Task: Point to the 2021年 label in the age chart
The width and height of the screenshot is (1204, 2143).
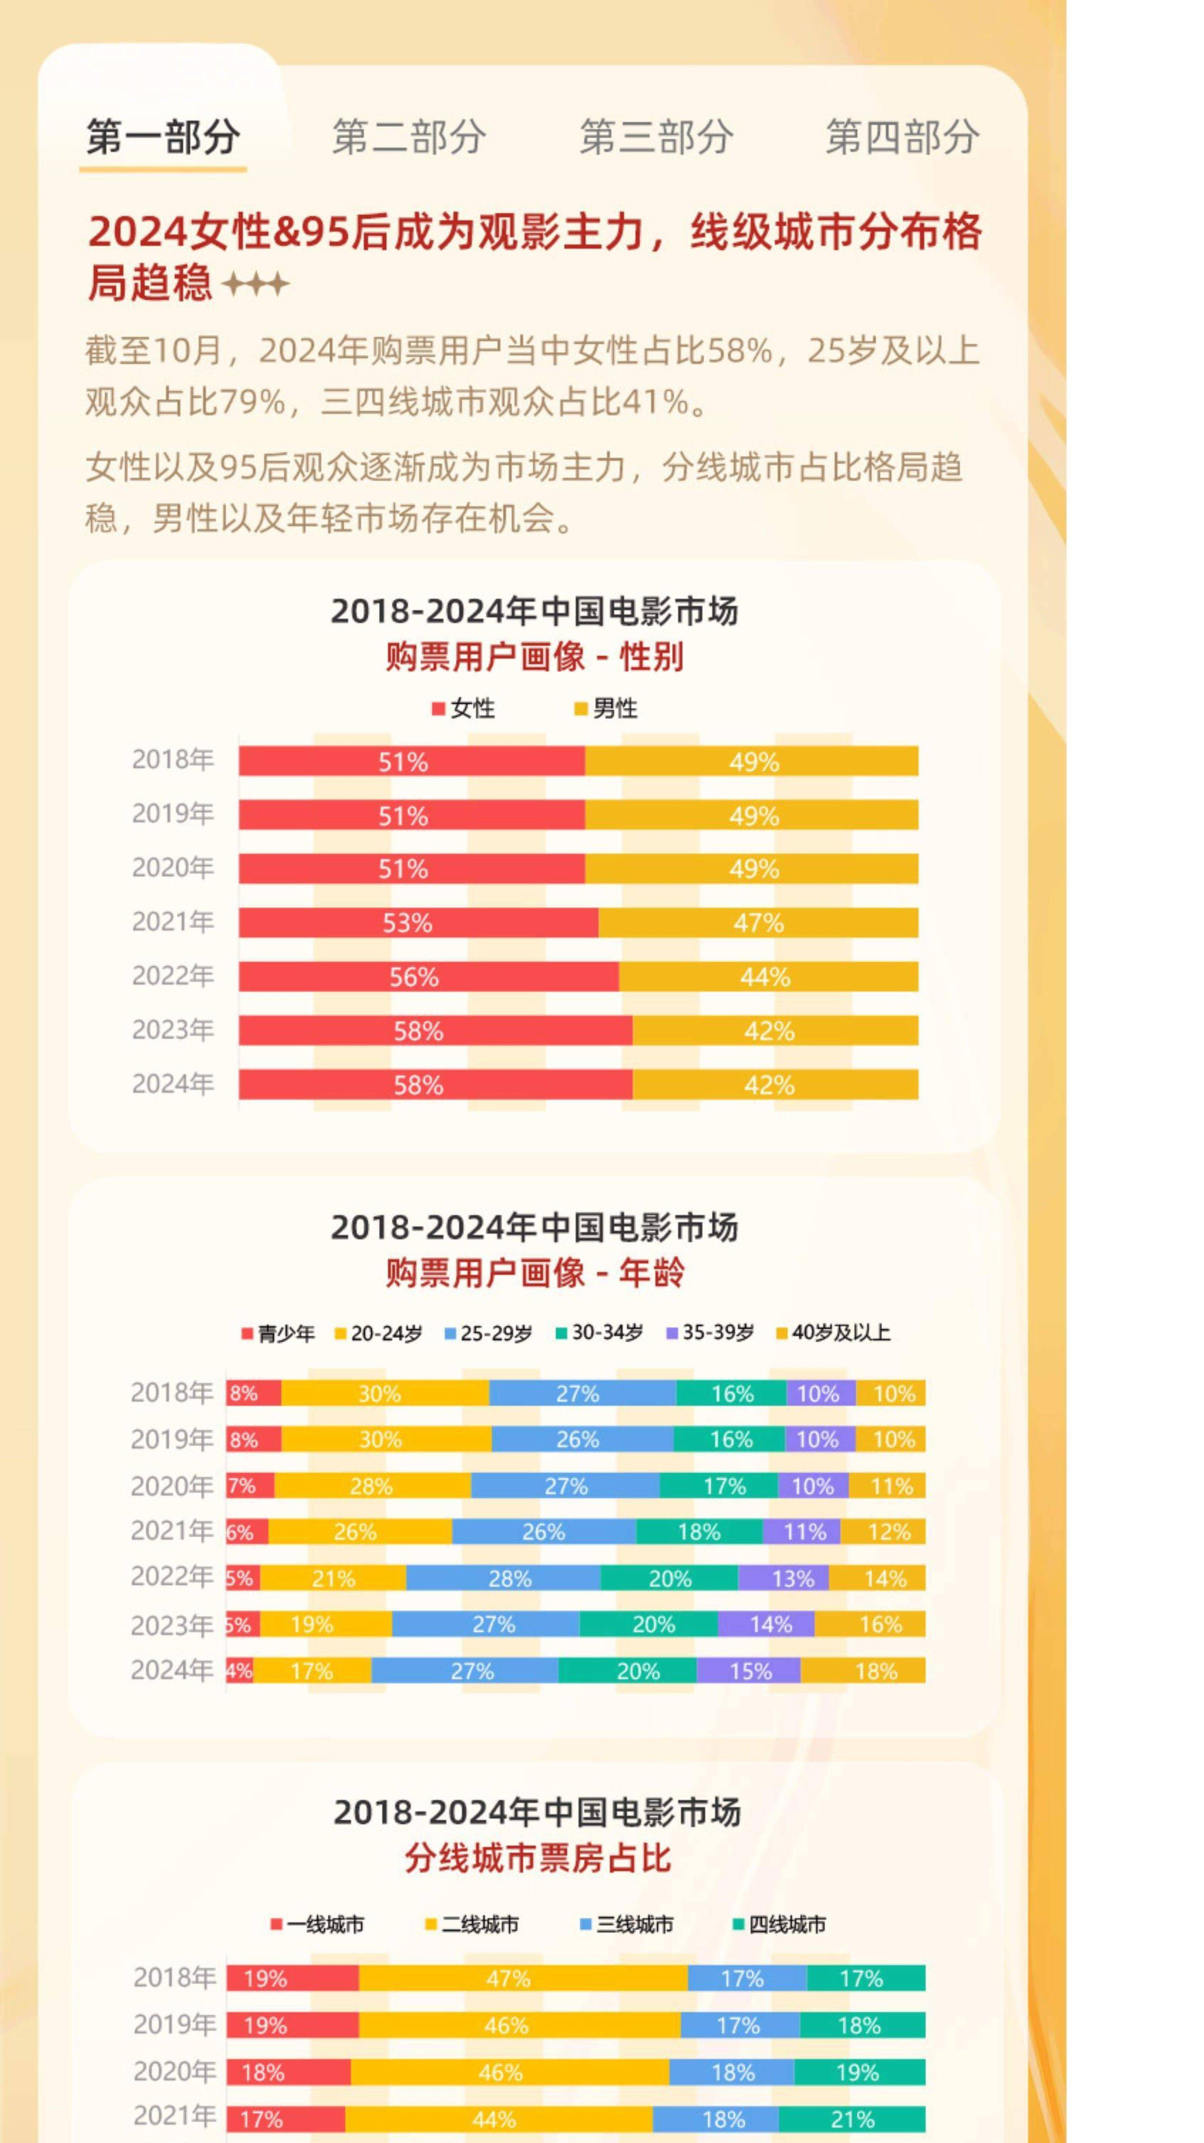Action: point(172,1531)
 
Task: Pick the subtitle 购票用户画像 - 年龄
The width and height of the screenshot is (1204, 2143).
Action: point(535,1273)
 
